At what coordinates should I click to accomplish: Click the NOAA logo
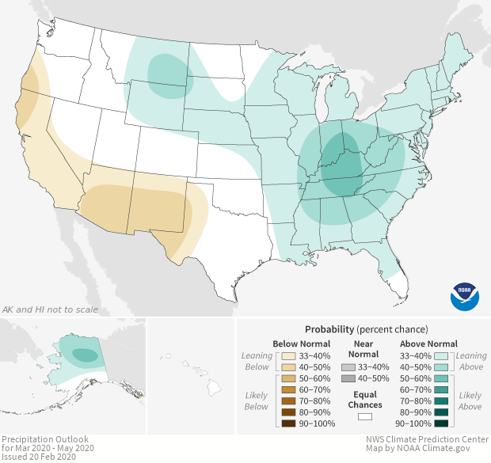click(x=465, y=296)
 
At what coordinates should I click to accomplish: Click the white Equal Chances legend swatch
click(x=365, y=416)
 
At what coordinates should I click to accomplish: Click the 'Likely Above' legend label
click(x=470, y=400)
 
